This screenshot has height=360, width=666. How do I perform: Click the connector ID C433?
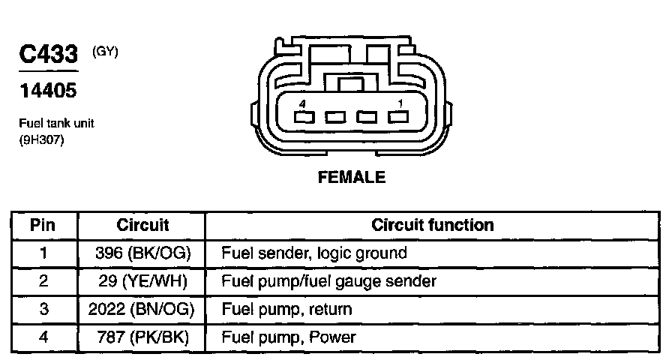click(48, 55)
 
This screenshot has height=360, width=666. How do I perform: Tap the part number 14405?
click(47, 91)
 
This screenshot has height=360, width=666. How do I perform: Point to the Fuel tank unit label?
click(56, 123)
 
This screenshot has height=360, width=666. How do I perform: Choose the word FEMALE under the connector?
click(352, 178)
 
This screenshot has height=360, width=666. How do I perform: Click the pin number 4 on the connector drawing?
click(301, 103)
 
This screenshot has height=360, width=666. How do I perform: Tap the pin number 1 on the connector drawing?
click(400, 103)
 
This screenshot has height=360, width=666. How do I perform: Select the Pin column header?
click(43, 225)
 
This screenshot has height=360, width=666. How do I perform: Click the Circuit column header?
click(142, 225)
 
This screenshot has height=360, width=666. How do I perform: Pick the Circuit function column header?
click(433, 225)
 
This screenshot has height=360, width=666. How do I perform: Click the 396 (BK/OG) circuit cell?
click(143, 253)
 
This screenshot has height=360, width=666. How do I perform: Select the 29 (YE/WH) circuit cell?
click(143, 281)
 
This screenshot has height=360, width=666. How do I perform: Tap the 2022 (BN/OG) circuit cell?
click(143, 309)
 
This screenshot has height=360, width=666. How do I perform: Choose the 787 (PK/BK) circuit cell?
click(143, 337)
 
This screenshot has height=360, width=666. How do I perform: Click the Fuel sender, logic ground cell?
click(313, 253)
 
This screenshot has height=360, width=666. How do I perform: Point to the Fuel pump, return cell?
click(286, 309)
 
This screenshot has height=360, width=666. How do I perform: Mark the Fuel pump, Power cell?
click(289, 337)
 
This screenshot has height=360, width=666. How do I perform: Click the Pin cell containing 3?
click(43, 309)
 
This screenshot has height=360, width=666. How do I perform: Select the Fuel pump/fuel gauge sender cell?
click(328, 281)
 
